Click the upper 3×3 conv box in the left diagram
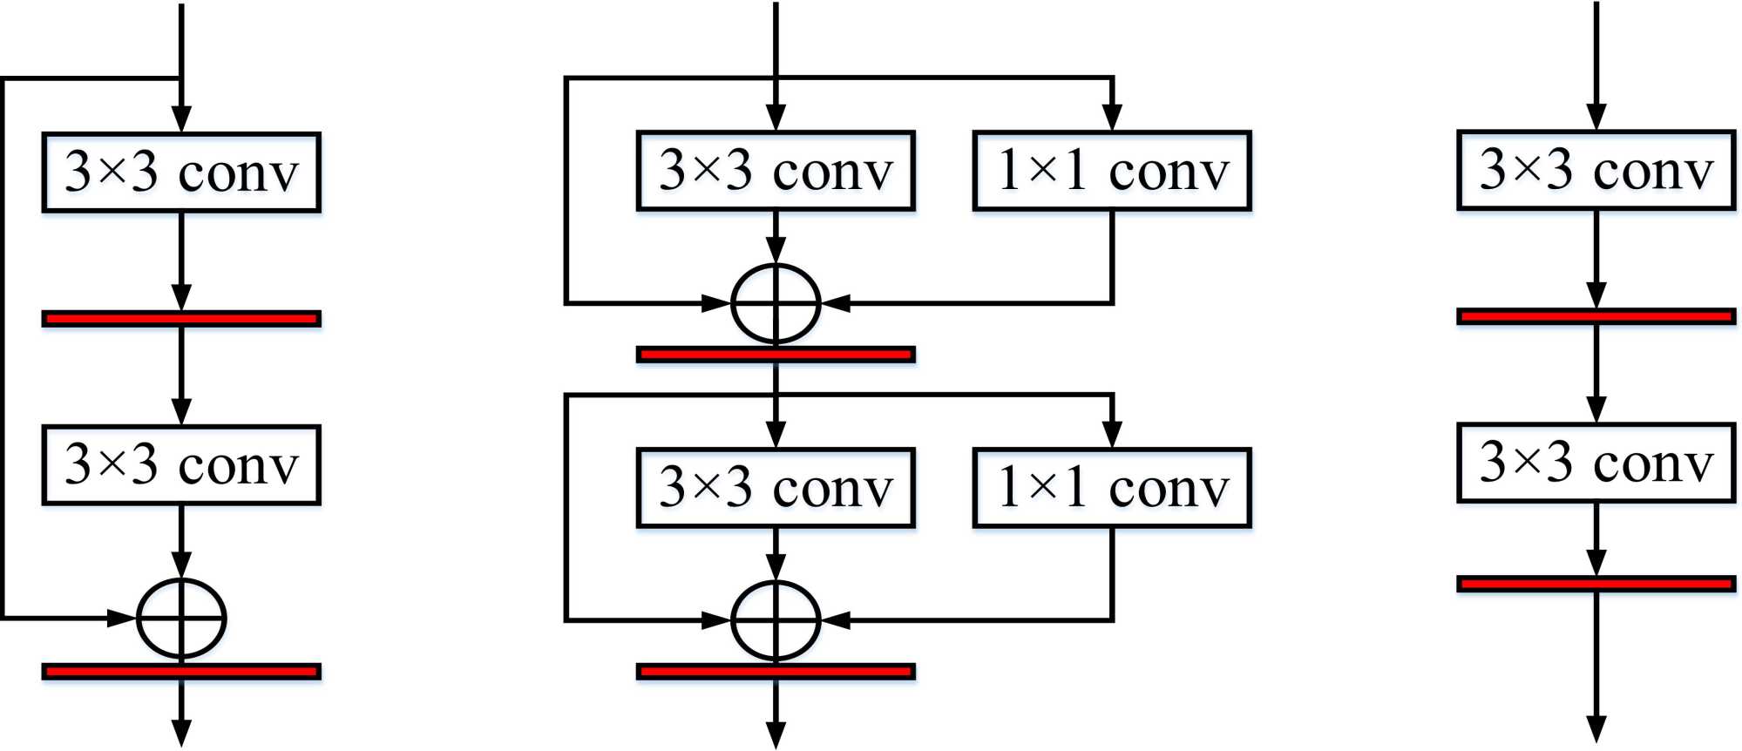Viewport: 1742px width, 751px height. click(x=181, y=172)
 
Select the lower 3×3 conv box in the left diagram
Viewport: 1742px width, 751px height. click(x=181, y=464)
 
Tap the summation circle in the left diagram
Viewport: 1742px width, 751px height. click(x=181, y=618)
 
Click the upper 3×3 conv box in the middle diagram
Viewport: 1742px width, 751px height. click(x=776, y=170)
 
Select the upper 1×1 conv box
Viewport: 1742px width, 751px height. click(x=1112, y=170)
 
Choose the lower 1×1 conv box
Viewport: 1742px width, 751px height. click(x=1112, y=487)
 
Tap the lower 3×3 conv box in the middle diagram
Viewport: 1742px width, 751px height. click(x=776, y=487)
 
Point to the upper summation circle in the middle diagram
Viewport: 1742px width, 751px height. click(x=776, y=303)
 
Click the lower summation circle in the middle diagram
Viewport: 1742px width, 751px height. click(x=776, y=620)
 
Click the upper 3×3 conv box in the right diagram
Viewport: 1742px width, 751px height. click(x=1596, y=170)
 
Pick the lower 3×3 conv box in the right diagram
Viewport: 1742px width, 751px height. click(x=1596, y=463)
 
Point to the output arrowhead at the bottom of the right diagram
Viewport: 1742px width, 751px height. click(x=1596, y=730)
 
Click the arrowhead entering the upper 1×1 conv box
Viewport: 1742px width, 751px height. click(x=1112, y=118)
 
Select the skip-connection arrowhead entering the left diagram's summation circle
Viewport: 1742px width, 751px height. click(x=122, y=618)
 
